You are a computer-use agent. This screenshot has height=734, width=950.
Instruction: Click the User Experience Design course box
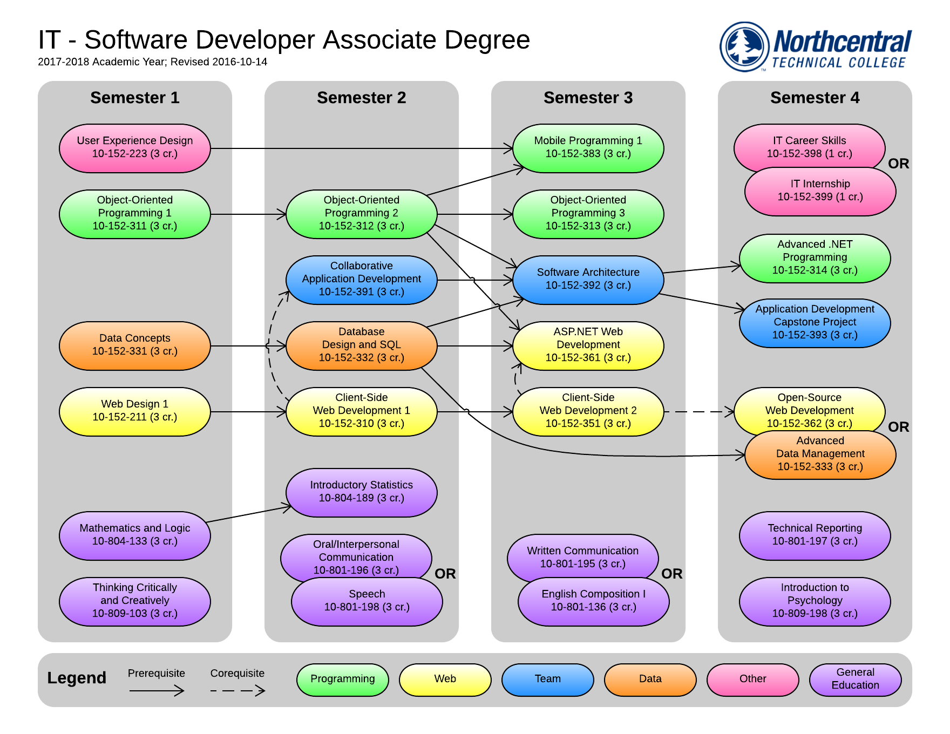click(134, 148)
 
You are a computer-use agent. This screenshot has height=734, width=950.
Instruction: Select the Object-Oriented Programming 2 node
click(361, 214)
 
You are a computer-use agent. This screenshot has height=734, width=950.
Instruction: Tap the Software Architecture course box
click(588, 280)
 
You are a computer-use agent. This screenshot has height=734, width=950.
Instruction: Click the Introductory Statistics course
click(361, 492)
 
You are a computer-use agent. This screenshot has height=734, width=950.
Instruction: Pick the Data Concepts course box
click(134, 345)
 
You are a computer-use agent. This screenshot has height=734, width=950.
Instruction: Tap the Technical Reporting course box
click(815, 535)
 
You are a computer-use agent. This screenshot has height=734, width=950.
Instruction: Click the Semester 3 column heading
click(588, 98)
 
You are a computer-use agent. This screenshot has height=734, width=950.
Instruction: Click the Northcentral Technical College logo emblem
click(744, 46)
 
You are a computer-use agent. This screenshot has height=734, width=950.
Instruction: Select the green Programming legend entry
click(342, 679)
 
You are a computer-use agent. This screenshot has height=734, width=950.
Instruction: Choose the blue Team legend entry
click(547, 679)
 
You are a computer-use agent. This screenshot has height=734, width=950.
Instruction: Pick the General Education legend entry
click(855, 679)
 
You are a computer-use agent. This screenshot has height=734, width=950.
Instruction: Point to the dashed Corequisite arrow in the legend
click(237, 690)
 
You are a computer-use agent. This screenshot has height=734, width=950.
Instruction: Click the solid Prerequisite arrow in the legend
click(157, 690)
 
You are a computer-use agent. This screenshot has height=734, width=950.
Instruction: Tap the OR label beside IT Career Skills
click(898, 164)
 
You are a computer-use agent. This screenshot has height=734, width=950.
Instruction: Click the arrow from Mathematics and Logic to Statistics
click(248, 514)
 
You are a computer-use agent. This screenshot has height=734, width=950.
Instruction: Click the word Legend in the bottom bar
click(77, 678)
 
